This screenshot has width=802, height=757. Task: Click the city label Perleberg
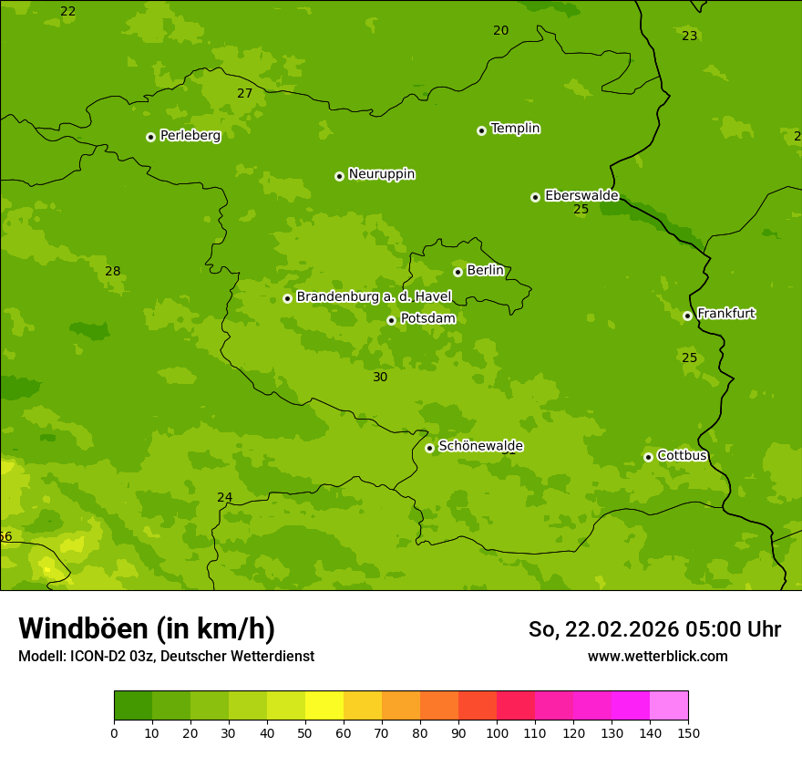point(190,136)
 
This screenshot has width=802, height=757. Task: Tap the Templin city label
point(515,129)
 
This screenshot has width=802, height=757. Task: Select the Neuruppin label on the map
point(381,174)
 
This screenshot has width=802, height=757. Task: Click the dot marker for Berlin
point(458,272)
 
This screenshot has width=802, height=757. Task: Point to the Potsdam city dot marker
point(391,320)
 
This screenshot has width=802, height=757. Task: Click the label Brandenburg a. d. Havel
point(374,297)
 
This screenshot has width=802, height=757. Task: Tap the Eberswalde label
point(581,195)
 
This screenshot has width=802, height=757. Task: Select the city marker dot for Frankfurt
point(687,316)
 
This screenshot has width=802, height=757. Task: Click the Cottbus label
point(682,455)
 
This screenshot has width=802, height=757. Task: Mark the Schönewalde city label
point(480,446)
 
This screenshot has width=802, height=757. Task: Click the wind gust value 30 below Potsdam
point(380,377)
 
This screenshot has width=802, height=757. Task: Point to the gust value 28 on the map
point(112,271)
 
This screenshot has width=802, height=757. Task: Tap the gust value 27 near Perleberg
point(244,93)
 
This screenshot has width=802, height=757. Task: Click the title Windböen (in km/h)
point(147,628)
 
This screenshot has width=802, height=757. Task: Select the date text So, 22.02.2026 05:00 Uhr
point(654,629)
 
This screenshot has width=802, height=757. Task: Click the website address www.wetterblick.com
point(657,656)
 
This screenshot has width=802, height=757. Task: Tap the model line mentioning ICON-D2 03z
point(166,656)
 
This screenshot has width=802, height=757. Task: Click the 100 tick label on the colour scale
point(497,732)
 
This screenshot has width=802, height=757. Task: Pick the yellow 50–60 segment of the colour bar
point(324,706)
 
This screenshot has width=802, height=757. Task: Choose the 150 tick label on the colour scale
point(688,732)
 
